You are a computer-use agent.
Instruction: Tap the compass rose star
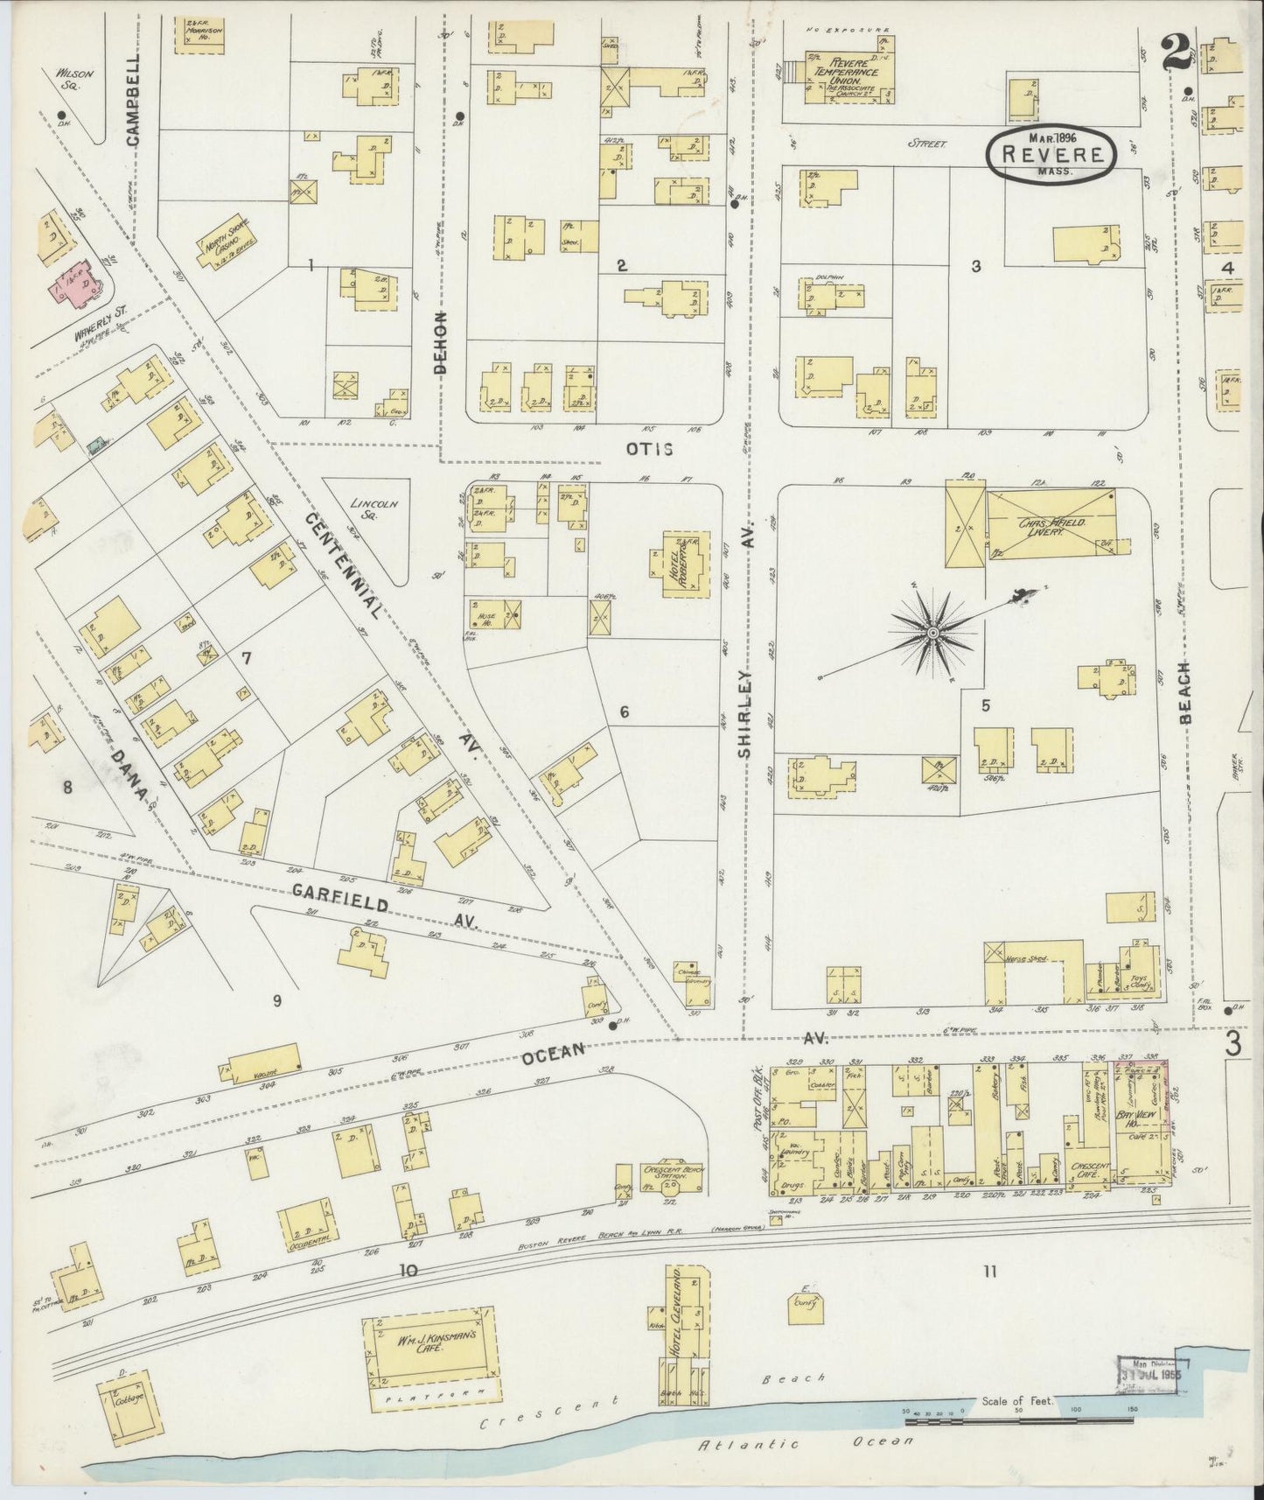[x=932, y=632]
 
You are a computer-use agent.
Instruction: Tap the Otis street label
[x=649, y=449]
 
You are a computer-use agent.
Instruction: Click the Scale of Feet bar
[x=1020, y=1411]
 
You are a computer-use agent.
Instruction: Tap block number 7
[x=247, y=658]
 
